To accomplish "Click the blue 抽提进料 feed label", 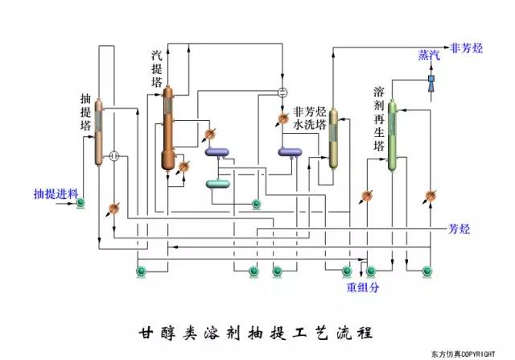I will [55, 193].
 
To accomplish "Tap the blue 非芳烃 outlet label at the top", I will [467, 48].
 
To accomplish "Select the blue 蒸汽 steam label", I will [429, 55].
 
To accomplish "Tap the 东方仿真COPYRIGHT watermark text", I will [476, 353].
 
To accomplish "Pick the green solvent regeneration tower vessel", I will [393, 135].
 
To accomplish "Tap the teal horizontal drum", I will [219, 184].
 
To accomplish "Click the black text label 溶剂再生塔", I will [379, 118].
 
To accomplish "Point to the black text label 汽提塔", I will [157, 68].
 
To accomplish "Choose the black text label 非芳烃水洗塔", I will [310, 118].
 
